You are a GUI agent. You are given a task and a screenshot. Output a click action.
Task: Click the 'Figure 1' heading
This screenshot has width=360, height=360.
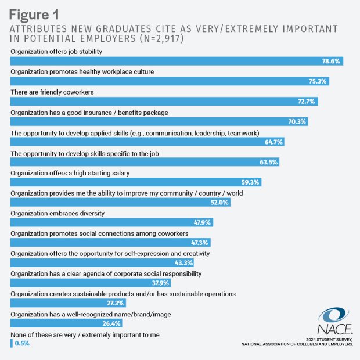37,12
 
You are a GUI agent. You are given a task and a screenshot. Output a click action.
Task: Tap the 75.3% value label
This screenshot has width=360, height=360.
318,81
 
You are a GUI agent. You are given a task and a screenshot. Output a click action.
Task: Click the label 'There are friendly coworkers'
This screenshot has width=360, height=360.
53,92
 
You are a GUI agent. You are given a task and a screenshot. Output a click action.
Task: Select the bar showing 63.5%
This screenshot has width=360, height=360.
145,162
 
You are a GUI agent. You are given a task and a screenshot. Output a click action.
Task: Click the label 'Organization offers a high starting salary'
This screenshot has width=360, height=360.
70,172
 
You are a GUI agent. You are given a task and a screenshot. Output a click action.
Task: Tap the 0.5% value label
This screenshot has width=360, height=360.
22,343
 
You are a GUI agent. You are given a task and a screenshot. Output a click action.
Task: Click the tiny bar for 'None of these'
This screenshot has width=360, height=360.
12,343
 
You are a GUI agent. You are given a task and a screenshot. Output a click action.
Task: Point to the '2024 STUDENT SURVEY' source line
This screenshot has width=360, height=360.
329,339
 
